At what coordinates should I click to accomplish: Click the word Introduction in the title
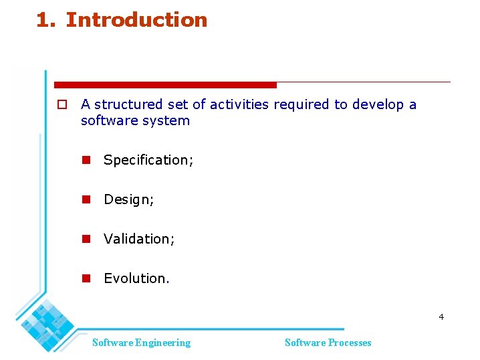136,20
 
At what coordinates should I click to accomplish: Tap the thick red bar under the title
165,85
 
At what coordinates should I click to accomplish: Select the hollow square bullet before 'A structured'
61,104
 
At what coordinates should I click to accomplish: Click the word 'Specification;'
148,160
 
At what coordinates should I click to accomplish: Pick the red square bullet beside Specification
86,160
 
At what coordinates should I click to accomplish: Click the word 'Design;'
129,199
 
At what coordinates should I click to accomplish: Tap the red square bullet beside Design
86,199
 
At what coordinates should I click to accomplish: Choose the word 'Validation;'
139,239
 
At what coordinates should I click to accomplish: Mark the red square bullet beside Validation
86,239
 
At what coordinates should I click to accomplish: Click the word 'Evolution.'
136,278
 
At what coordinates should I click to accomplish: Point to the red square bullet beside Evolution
86,278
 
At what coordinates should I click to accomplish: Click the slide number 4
441,317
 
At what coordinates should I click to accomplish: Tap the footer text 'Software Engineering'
141,343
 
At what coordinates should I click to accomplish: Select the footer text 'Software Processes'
328,343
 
